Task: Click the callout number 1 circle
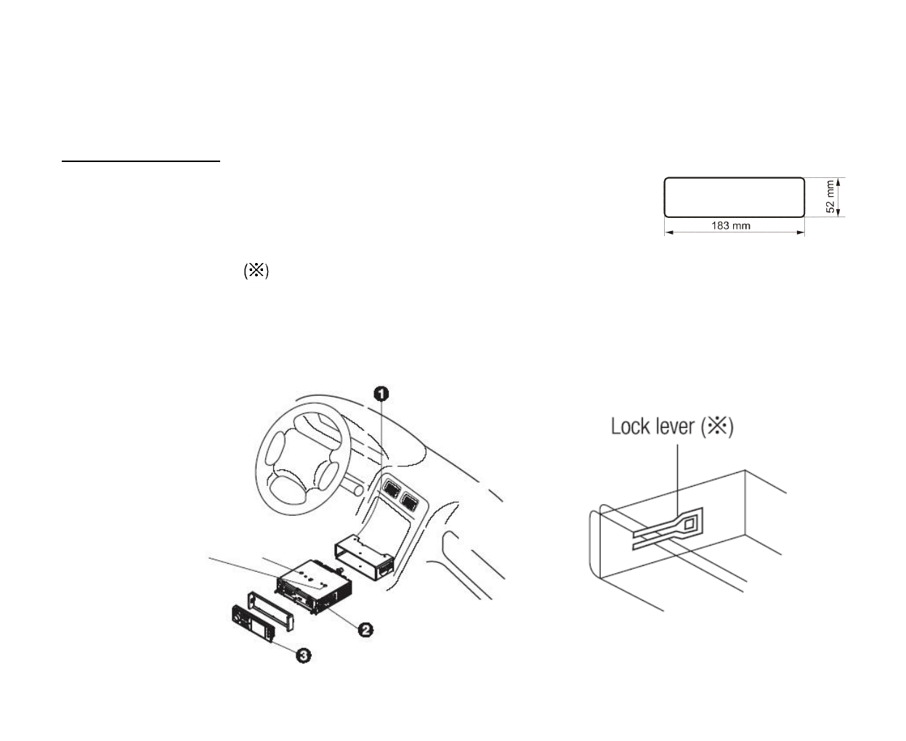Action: click(x=381, y=394)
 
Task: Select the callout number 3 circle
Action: click(x=303, y=655)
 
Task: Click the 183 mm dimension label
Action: click(x=731, y=226)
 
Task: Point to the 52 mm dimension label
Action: click(x=830, y=198)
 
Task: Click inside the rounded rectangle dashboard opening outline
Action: click(x=734, y=197)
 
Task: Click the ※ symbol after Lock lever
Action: click(x=718, y=426)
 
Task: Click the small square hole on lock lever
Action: click(x=690, y=522)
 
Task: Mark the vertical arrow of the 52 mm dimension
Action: click(x=839, y=198)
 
